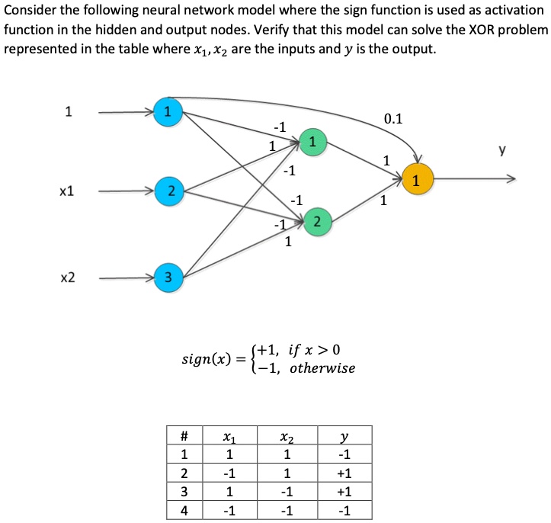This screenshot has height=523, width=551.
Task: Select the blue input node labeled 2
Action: click(169, 189)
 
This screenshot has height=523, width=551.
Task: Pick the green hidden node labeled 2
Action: click(316, 222)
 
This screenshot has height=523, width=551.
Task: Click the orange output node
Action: click(415, 180)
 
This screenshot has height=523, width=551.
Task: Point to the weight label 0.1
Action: click(394, 118)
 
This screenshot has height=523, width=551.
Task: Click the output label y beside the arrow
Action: click(501, 152)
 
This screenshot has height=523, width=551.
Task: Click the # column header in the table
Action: click(184, 437)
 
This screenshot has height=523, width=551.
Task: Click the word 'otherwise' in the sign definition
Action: click(322, 368)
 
